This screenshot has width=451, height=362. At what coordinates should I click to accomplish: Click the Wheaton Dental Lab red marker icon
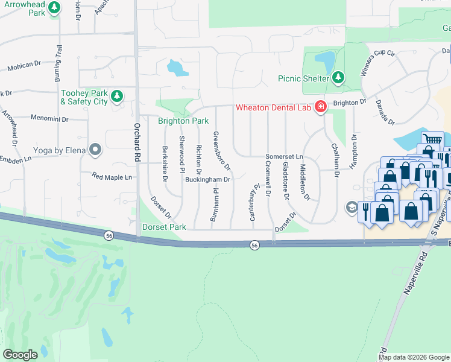pos(320,107)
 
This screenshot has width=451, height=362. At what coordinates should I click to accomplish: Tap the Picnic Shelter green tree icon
pos(338,78)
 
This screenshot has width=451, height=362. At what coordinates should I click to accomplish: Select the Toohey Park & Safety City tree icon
pos(117,96)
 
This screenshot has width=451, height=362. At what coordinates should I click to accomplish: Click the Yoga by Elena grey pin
pos(95,148)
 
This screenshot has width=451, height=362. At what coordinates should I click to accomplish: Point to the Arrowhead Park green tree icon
pos(55,7)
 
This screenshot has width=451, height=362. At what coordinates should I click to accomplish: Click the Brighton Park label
pos(183,121)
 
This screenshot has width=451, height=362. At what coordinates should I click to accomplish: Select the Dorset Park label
pos(162,227)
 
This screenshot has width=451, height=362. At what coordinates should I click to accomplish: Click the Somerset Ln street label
pos(284,156)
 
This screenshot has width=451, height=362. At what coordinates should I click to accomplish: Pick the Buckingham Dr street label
pos(208,179)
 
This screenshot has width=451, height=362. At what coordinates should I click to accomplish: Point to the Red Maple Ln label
pos(112,177)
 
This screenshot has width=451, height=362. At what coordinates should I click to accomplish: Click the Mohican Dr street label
pos(25,67)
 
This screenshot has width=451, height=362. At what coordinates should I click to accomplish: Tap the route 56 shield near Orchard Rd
pos(108,235)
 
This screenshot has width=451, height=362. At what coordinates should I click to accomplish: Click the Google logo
pos(20,355)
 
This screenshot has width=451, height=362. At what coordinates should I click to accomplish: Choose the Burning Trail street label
pos(58,63)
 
